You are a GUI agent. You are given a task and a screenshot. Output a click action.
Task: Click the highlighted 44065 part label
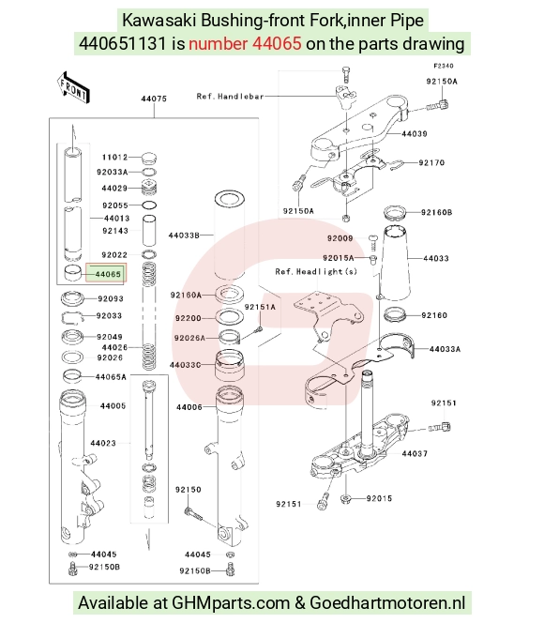(108, 274)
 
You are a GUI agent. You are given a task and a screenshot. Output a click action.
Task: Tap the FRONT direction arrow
(73, 88)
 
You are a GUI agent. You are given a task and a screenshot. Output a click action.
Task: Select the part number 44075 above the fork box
(154, 99)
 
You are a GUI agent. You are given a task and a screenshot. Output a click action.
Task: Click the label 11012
(114, 158)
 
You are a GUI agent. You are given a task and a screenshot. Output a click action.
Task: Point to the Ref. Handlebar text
(231, 97)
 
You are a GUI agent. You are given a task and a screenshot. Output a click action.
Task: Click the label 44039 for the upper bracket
(415, 134)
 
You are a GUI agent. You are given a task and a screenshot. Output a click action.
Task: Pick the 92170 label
(431, 162)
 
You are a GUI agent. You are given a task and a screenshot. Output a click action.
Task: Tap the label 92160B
(437, 212)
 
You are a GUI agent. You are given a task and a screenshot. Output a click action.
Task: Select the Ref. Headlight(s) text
(316, 272)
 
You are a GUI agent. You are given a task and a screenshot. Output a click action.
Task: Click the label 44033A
(446, 349)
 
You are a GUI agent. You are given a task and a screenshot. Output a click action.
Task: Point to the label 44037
(415, 454)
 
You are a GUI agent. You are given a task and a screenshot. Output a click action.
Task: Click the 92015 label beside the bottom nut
(379, 498)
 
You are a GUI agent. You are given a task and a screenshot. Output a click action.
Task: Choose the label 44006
(189, 407)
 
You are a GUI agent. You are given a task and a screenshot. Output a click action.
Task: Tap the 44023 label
(103, 443)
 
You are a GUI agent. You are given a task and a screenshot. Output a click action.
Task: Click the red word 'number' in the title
(218, 43)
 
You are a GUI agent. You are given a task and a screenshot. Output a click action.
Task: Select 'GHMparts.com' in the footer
(231, 603)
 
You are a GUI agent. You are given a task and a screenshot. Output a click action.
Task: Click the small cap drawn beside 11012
(148, 158)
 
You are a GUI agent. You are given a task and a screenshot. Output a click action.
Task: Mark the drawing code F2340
(443, 66)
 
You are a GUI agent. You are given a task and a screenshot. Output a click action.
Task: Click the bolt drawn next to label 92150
(193, 513)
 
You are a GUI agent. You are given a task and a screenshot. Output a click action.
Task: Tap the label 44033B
(184, 236)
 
